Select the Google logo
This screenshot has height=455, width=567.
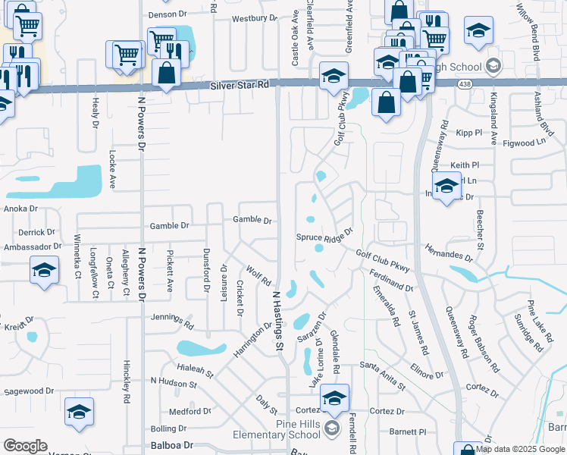(25, 446)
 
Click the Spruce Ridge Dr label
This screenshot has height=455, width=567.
(324, 236)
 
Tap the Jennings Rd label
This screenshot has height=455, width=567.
(172, 319)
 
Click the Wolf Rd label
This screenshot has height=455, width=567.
(258, 275)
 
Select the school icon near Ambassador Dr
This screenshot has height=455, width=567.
(45, 270)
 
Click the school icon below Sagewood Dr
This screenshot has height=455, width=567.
(79, 412)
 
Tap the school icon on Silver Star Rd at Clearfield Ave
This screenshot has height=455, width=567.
(333, 76)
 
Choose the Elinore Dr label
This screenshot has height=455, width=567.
(426, 370)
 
